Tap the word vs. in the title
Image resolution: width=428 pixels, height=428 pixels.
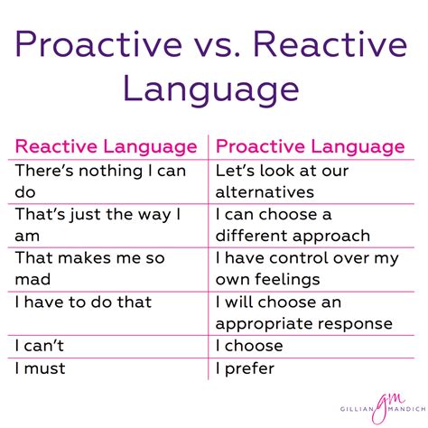(208, 43)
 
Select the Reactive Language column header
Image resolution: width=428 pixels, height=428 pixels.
(107, 146)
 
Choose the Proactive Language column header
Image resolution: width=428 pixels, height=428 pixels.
(311, 146)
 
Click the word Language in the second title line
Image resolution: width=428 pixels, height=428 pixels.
(213, 88)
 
